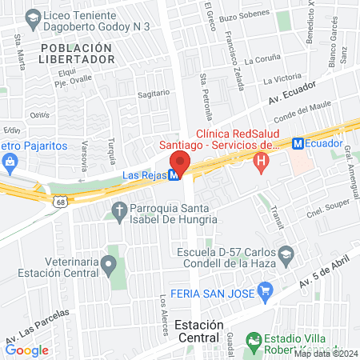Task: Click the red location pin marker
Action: coord(180,163)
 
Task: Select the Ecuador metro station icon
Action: coord(298,144)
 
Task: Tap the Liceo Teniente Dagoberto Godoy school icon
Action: coord(33,16)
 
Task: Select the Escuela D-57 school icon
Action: coord(285,255)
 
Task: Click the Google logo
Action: coord(26,349)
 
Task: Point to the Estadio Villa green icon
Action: coord(254,340)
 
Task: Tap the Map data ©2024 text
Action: coord(326,353)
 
